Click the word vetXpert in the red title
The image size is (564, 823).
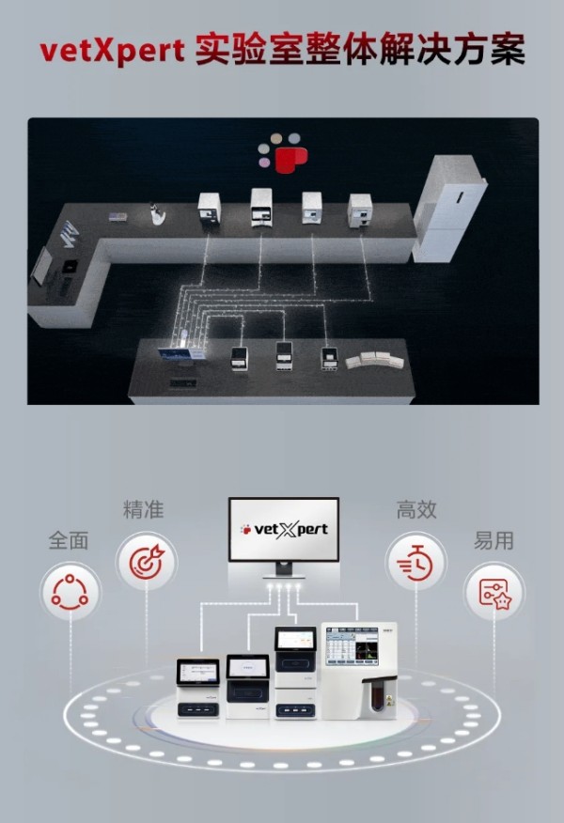coord(112,51)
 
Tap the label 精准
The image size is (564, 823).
coord(144,509)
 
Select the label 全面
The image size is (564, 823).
coord(69,540)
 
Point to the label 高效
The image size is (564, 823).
coord(416,509)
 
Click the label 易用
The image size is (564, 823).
coord(493,540)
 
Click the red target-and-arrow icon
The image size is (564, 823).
coord(147,563)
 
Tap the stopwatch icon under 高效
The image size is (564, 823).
coord(415,563)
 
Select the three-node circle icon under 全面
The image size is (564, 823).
coord(70,593)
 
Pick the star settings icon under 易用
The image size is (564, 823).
coord(494,593)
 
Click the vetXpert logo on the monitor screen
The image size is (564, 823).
coord(284,529)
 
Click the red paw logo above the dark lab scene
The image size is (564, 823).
coord(283,153)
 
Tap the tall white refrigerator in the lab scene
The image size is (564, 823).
coord(449,209)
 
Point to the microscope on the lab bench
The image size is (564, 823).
coord(157,214)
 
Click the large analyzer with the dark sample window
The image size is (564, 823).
coord(360,670)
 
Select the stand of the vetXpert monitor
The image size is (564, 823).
coord(284,569)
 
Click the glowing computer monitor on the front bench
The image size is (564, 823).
coord(181,353)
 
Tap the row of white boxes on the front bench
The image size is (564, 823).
coord(374,360)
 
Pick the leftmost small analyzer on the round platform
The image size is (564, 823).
coord(198,688)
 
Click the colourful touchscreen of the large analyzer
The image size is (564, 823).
coord(352,646)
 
